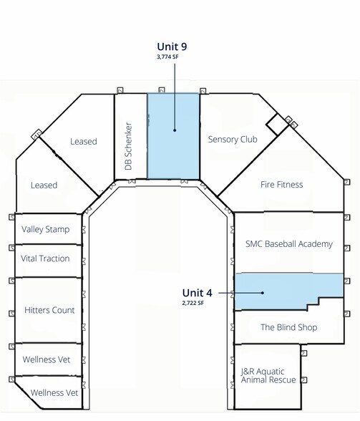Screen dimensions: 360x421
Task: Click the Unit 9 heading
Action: pyautogui.click(x=172, y=47)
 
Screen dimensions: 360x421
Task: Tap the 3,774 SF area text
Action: pyautogui.click(x=167, y=57)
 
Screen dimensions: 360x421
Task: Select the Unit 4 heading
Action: pyautogui.click(x=197, y=293)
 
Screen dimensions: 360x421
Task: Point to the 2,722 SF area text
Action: pyautogui.click(x=193, y=303)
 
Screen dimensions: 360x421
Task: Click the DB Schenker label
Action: pyautogui.click(x=129, y=146)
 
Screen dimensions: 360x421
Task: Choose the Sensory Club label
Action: pyautogui.click(x=233, y=140)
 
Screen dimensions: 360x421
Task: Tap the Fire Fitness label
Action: pyautogui.click(x=281, y=185)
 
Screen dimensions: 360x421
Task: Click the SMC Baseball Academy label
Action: pyautogui.click(x=289, y=243)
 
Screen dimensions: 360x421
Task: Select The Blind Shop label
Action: pyautogui.click(x=289, y=327)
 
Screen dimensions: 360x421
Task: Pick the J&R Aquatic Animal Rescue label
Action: pyautogui.click(x=268, y=376)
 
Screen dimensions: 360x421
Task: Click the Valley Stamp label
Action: pyautogui.click(x=45, y=229)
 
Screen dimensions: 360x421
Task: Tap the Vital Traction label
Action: pyautogui.click(x=45, y=258)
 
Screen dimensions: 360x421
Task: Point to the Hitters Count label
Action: pyautogui.click(x=49, y=310)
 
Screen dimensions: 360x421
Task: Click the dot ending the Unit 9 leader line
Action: pyautogui.click(x=175, y=130)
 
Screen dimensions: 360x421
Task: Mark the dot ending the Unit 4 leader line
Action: pyautogui.click(x=263, y=293)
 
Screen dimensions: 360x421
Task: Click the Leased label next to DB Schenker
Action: pyautogui.click(x=84, y=142)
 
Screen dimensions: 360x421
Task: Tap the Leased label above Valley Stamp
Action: pyautogui.click(x=44, y=185)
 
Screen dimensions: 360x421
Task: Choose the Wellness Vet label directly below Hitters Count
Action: pyautogui.click(x=47, y=359)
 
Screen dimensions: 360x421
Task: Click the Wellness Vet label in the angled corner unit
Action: pyautogui.click(x=54, y=393)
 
